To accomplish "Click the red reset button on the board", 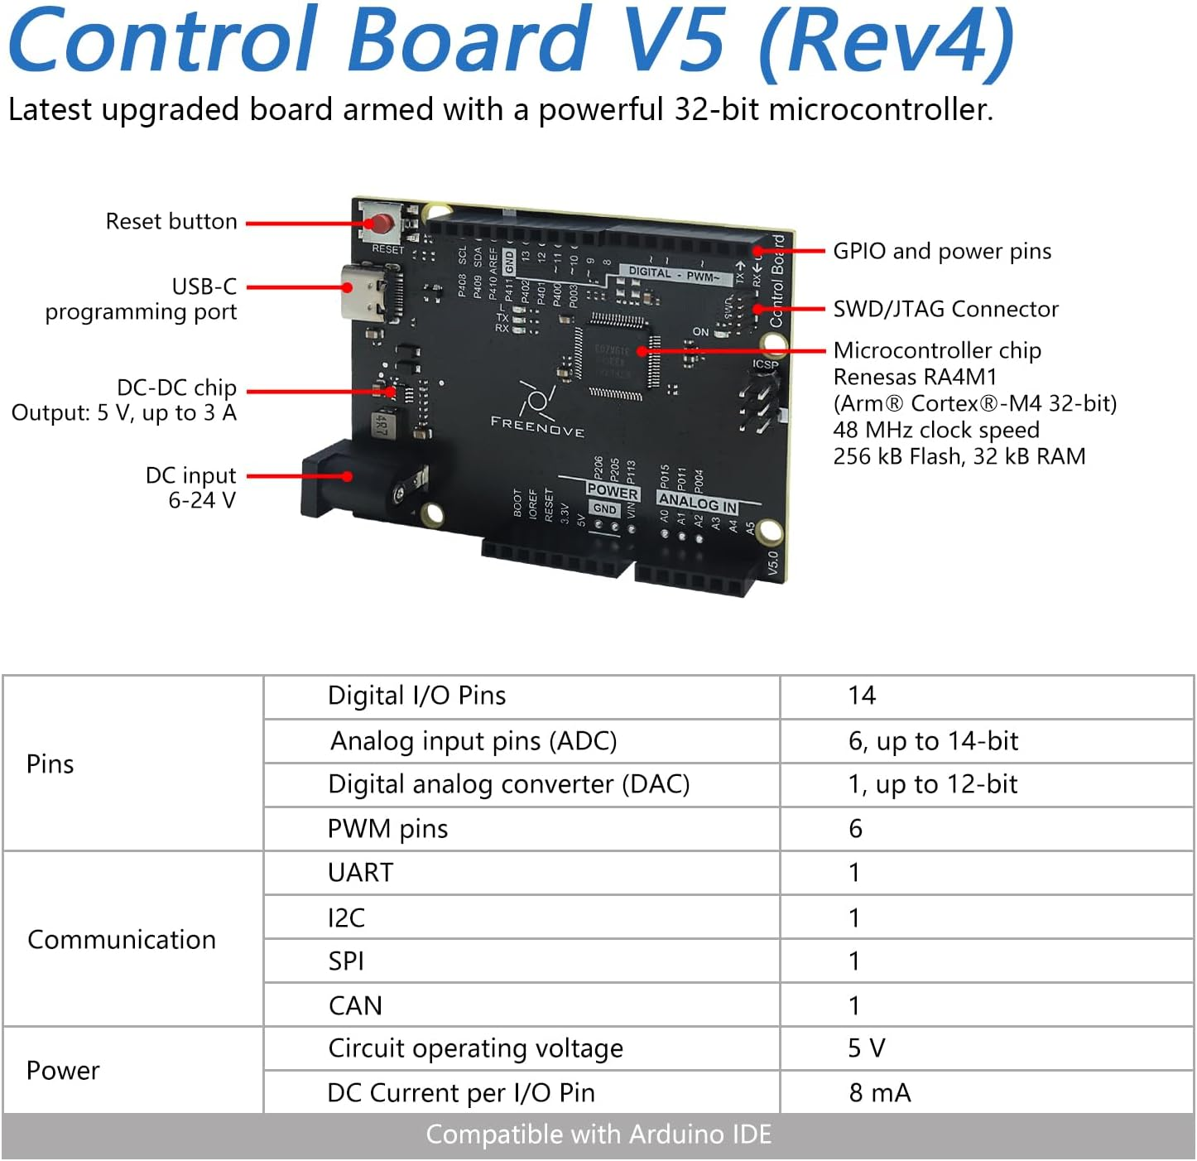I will click(x=382, y=224).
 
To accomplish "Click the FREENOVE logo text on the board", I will click(x=537, y=426).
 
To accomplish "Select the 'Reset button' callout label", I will click(x=171, y=222).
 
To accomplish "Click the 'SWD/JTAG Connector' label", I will click(x=945, y=309).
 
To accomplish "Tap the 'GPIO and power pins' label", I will click(x=942, y=251).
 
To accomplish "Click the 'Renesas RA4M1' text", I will click(x=915, y=377).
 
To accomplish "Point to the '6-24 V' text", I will click(x=202, y=500).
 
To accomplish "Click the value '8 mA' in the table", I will click(x=879, y=1093).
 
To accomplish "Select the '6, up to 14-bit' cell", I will click(x=933, y=741).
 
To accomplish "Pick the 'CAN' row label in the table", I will click(x=355, y=1005).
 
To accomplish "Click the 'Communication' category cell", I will click(x=122, y=940).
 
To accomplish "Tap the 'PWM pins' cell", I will click(x=387, y=829).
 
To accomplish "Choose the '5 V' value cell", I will click(x=866, y=1048).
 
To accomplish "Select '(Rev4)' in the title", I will click(x=887, y=40).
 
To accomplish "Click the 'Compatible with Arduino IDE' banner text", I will click(x=598, y=1135).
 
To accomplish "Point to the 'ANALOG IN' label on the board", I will click(x=697, y=502).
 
